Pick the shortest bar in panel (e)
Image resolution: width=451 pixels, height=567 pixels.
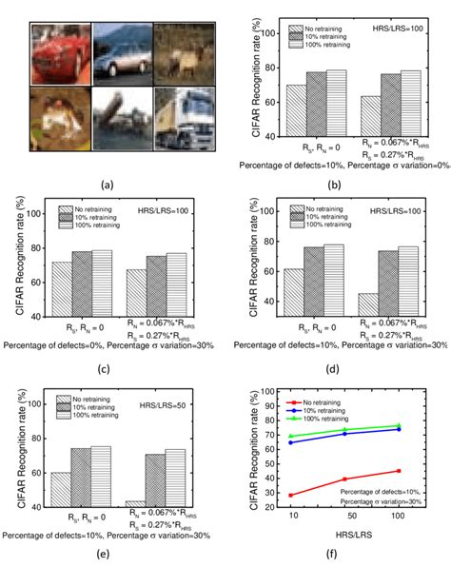[135, 503]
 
